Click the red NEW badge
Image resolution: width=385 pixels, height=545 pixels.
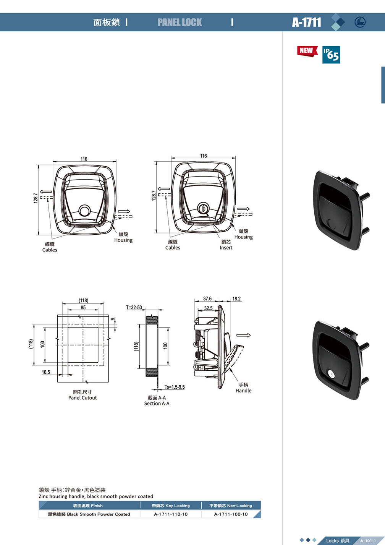[307, 51]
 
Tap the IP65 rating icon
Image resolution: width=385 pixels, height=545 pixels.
[331, 55]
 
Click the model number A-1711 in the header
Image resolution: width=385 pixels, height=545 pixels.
[306, 22]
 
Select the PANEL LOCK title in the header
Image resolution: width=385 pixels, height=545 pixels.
[180, 22]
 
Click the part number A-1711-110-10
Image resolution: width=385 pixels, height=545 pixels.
[171, 514]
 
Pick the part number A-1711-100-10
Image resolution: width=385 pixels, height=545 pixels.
[231, 514]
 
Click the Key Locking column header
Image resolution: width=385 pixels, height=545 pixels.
[171, 506]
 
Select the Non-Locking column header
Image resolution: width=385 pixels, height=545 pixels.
[231, 506]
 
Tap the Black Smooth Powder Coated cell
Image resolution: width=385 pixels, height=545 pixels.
[89, 514]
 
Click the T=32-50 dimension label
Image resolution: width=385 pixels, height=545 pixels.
[134, 307]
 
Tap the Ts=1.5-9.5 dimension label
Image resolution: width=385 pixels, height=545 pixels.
[175, 387]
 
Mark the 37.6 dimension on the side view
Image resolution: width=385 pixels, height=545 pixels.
[207, 299]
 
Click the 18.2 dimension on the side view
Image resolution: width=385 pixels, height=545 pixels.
[236, 299]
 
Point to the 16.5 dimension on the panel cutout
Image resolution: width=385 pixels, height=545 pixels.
[46, 372]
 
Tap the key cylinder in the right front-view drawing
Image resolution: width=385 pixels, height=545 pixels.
[204, 209]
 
